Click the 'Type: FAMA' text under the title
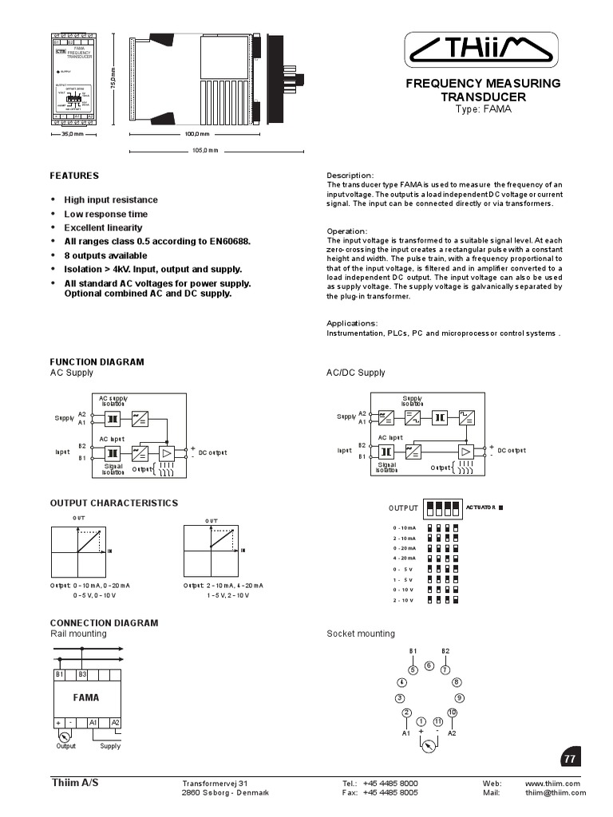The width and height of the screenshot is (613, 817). point(483,109)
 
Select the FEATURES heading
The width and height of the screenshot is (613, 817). point(74,176)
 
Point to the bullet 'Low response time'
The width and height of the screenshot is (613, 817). point(105,214)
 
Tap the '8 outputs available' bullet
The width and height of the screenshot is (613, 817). point(105,255)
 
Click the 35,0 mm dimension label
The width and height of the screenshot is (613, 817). point(73,134)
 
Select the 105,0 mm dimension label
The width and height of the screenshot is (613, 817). point(204,150)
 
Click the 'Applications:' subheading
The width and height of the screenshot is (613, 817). point(352,323)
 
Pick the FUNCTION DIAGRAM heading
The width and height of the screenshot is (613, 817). point(97,361)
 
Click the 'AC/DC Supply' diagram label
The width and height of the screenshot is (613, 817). point(355,373)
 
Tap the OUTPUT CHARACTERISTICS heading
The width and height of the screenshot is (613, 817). point(114,503)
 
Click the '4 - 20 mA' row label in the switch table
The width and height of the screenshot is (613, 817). point(403,558)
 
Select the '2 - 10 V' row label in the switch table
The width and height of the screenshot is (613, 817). point(403,599)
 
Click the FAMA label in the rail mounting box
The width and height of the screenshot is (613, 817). point(86,697)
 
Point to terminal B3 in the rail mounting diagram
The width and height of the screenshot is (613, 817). point(82,674)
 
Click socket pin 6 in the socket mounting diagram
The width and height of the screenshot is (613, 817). point(429,665)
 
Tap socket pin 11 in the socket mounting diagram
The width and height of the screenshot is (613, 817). point(438,721)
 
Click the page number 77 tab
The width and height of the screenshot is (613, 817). point(569,759)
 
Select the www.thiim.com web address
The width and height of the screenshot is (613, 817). point(552,783)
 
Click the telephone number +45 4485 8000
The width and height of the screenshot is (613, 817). point(390,783)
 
